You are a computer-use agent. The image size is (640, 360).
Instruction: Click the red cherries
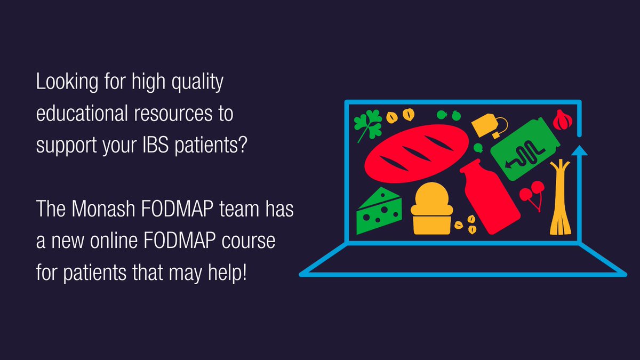[532, 193]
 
